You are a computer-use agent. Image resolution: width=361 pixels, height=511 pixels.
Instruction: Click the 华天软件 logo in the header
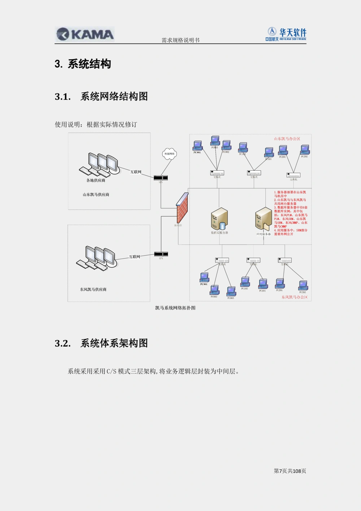pos(286,34)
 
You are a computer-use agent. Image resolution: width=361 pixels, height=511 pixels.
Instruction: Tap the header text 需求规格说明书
pos(180,40)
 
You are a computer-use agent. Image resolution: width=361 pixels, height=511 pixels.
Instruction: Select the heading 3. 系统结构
pos(83,64)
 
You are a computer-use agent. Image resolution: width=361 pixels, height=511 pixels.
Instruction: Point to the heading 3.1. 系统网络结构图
pos(101,96)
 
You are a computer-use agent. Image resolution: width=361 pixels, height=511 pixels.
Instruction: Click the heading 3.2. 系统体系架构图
pos(101,343)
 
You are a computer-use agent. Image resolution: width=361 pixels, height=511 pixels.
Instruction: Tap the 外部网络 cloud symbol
pos(169,153)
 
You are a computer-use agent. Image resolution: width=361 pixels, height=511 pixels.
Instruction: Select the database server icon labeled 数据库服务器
pos(219,220)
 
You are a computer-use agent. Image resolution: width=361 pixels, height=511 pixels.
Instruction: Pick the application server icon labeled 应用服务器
pos(263,220)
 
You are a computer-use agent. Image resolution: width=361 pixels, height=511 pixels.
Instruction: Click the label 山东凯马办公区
pos(287,139)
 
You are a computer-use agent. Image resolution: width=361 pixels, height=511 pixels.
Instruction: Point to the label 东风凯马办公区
pos(295,297)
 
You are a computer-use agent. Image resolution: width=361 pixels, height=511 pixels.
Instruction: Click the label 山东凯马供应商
pos(96,195)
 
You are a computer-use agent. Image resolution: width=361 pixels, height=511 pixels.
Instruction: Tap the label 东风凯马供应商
pos(93,289)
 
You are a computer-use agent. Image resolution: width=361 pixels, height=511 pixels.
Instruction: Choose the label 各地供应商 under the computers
pos(96,180)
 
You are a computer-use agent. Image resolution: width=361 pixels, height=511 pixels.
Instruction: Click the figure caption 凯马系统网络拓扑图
pos(175,308)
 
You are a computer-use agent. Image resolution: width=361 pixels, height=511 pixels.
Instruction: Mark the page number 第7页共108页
pos(290,471)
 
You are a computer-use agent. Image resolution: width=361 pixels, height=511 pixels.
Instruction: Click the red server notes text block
pos(291,213)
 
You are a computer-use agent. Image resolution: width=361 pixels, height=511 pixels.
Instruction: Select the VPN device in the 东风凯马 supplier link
pos(161,254)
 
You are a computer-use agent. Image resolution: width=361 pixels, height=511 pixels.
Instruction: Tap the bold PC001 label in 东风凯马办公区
pos(204,284)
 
